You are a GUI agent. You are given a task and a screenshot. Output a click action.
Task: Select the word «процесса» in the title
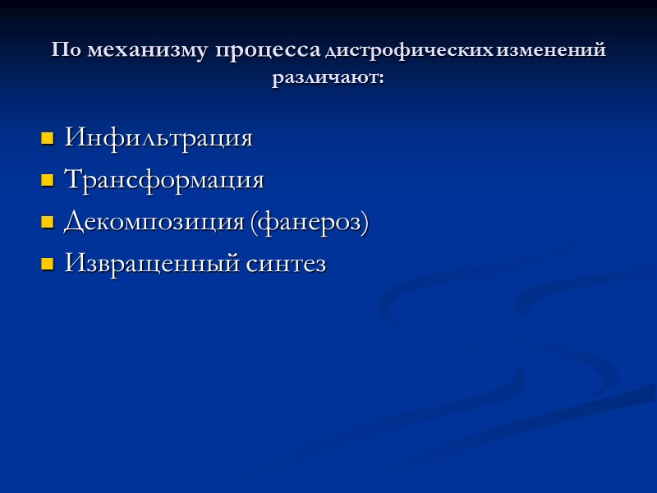tap(269, 50)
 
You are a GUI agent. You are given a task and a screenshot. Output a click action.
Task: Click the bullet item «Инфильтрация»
tap(158, 137)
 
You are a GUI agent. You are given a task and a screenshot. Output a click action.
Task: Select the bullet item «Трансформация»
tap(163, 179)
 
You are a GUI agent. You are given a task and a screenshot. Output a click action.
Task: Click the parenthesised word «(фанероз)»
tap(308, 222)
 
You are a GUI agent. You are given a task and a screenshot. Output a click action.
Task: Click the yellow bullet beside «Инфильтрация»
tap(47, 137)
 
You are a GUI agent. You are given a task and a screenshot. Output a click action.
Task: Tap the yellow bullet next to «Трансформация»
tap(47, 180)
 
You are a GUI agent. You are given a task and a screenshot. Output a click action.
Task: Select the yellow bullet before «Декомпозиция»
tap(47, 223)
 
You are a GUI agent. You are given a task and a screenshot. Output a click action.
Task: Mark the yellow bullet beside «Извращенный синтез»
tap(47, 265)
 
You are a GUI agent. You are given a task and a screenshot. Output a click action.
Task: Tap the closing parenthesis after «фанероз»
tap(365, 223)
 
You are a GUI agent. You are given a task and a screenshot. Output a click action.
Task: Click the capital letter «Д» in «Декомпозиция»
tap(72, 223)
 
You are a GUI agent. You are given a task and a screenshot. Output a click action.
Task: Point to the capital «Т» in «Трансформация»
tap(71, 179)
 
